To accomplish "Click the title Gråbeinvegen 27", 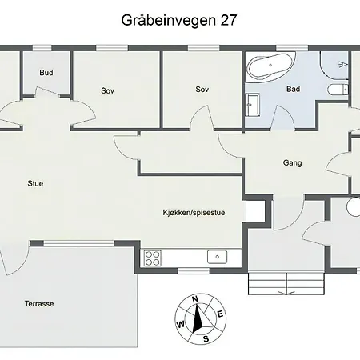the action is (179, 21).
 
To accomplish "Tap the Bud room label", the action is (46, 73).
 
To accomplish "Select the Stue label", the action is (35, 183).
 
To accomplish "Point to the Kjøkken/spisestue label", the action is (194, 213).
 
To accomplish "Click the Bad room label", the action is (293, 89).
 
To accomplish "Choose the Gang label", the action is (293, 162).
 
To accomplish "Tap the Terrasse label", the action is (39, 304).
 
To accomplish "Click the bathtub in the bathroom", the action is (270, 66).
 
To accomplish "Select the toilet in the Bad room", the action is (338, 90).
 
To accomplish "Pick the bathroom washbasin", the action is (252, 104).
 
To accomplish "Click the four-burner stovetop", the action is (153, 258).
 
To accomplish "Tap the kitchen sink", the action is (218, 257).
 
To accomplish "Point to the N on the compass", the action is (195, 299).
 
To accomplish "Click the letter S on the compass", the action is (206, 339).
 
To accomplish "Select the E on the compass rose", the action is (220, 314).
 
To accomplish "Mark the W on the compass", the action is (181, 325).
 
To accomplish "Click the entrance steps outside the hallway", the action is (286, 283).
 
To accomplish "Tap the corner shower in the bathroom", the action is (335, 66).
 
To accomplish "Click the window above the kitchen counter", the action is (194, 271).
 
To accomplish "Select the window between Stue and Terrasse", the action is (78, 243).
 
